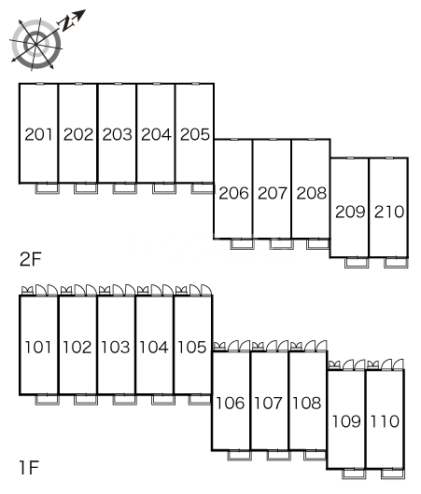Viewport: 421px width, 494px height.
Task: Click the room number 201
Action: tap(38, 134)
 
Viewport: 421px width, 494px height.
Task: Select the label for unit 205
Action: tap(195, 134)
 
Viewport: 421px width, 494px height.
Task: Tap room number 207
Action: tap(273, 193)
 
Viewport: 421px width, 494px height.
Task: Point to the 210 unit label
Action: tap(389, 212)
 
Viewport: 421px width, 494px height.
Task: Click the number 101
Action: tap(38, 347)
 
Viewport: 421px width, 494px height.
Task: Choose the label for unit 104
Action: tap(154, 347)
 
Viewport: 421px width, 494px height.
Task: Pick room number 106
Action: tap(230, 403)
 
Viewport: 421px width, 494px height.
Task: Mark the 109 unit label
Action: tap(346, 421)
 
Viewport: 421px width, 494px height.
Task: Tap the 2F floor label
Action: tap(30, 260)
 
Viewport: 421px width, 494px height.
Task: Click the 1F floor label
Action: tap(29, 467)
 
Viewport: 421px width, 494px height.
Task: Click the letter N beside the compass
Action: tap(67, 22)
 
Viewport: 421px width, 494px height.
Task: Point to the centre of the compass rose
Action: tap(36, 45)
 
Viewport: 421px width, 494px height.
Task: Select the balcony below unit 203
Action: tap(125, 188)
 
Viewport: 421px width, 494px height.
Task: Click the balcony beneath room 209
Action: tap(357, 263)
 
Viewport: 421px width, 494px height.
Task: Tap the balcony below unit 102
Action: tap(86, 400)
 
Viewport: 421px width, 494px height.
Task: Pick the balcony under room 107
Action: tap(279, 455)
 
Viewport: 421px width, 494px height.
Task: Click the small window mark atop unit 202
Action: tap(79, 84)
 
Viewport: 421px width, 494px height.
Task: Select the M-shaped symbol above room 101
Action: tap(27, 290)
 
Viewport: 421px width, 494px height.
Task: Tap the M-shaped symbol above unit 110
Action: tap(372, 365)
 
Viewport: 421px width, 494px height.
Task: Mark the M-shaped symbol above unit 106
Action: tap(219, 346)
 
